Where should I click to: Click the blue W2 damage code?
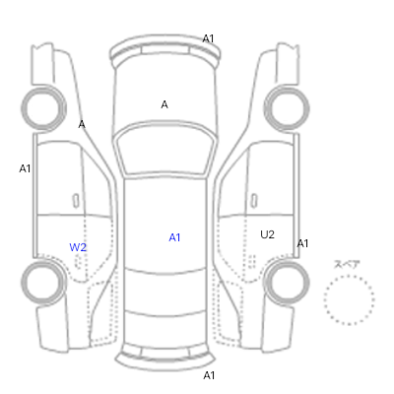coord(78,247)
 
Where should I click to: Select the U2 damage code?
coord(267,234)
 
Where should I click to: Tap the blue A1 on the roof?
coord(174,237)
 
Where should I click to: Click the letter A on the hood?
coord(164,105)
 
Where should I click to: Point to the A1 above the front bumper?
coord(208,39)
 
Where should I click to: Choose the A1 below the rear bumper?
coord(209,375)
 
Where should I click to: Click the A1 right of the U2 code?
coord(302,243)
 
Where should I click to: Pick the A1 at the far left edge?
coord(25,168)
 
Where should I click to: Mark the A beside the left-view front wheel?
coord(82,125)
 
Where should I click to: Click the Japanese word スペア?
coord(347,264)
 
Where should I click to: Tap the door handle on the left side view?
coord(76,201)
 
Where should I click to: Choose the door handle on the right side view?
coord(254,201)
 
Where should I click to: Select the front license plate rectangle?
coord(165,50)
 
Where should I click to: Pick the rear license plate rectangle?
coord(165,353)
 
